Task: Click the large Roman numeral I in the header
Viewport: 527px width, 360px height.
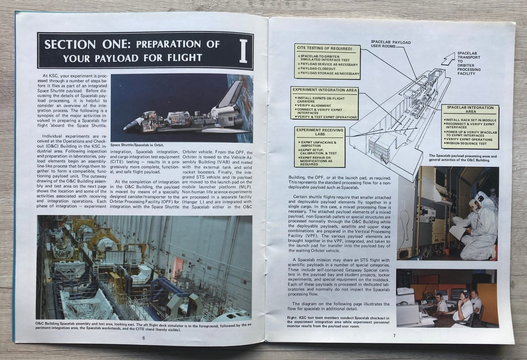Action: pyautogui.click(x=243, y=51)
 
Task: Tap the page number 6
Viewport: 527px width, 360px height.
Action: pyautogui.click(x=144, y=338)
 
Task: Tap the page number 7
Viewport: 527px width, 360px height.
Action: pyautogui.click(x=394, y=336)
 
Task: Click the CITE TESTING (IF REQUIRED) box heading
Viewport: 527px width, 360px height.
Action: pyautogui.click(x=324, y=49)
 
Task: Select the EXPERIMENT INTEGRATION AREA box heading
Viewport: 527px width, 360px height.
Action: pyautogui.click(x=325, y=90)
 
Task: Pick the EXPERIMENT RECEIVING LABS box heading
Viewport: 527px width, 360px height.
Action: pyautogui.click(x=320, y=132)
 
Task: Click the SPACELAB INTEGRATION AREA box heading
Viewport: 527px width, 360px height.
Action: pyautogui.click(x=470, y=109)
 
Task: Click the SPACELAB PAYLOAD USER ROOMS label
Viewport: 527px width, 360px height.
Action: pyautogui.click(x=391, y=44)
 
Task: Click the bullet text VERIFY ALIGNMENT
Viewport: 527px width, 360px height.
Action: pyautogui.click(x=313, y=106)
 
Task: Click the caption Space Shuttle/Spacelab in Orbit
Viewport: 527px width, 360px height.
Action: pyautogui.click(x=137, y=145)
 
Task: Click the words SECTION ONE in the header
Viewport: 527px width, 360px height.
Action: pyautogui.click(x=87, y=45)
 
